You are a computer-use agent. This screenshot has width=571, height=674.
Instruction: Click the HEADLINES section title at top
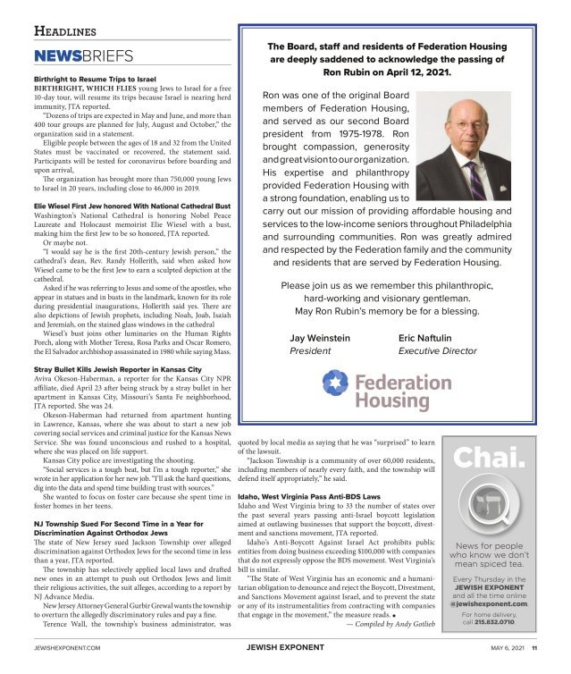(64, 31)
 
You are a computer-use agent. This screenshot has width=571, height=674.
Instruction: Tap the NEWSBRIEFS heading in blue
(83, 56)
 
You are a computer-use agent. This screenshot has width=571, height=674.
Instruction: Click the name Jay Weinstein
(321, 339)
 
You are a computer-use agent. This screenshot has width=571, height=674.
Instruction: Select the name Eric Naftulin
(424, 339)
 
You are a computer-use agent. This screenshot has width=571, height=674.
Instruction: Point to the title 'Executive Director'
(437, 352)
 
